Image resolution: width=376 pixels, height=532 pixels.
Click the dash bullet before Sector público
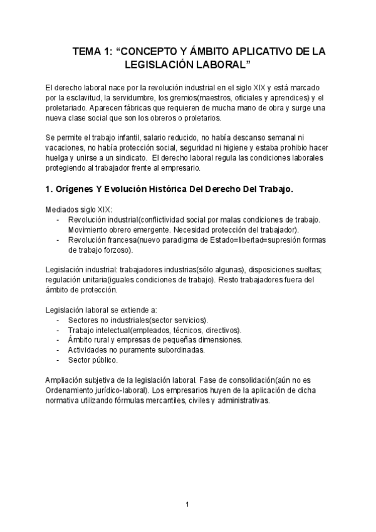58,360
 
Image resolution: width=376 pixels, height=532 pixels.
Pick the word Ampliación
66,380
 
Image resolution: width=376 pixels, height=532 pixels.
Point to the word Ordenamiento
75,390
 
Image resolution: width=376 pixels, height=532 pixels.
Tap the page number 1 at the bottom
187,504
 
